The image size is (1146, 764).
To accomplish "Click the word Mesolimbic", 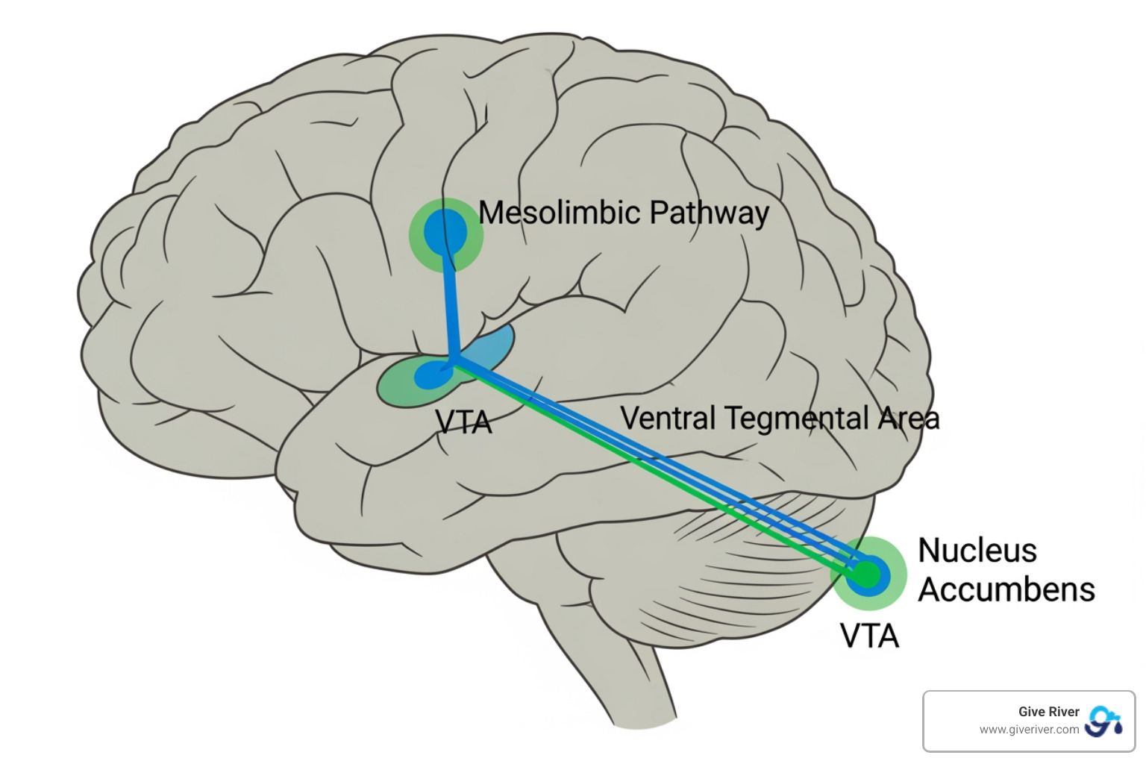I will coord(559,213).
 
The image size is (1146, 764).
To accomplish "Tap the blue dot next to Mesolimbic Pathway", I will coord(445,233).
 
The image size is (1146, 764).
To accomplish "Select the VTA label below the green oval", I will coord(463,423).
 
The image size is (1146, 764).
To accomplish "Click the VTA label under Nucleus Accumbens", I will coord(869,636).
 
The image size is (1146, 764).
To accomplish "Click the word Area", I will coord(908,419).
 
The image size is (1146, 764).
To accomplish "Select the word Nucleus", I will coord(977,551).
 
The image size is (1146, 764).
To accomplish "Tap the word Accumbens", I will coord(1006,589).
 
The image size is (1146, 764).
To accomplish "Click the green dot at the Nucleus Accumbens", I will coord(867,574).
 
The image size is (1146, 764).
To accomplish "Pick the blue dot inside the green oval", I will coord(428,375).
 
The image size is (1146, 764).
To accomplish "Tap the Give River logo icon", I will coord(1103,721).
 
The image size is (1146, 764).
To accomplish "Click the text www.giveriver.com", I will coord(1029,730).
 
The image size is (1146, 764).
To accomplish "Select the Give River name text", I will coord(1048,712).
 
